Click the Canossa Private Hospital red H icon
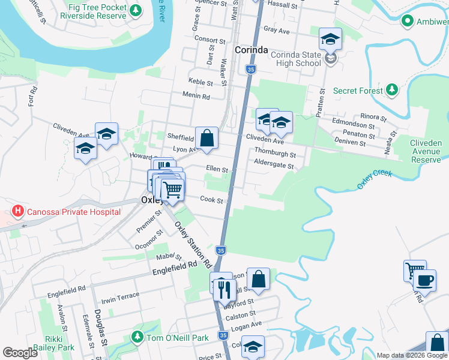pyautogui.click(x=19, y=211)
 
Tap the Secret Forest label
pyautogui.click(x=358, y=91)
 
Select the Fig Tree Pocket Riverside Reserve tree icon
pyautogui.click(x=136, y=10)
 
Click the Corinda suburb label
pyautogui.click(x=251, y=50)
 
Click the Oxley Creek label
pyautogui.click(x=375, y=179)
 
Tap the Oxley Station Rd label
pyautogui.click(x=193, y=244)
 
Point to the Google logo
pyautogui.click(x=20, y=353)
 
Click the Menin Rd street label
pyautogui.click(x=197, y=96)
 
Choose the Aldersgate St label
pyautogui.click(x=274, y=166)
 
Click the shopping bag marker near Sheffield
pyautogui.click(x=206, y=137)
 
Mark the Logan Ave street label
pyautogui.click(x=247, y=325)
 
